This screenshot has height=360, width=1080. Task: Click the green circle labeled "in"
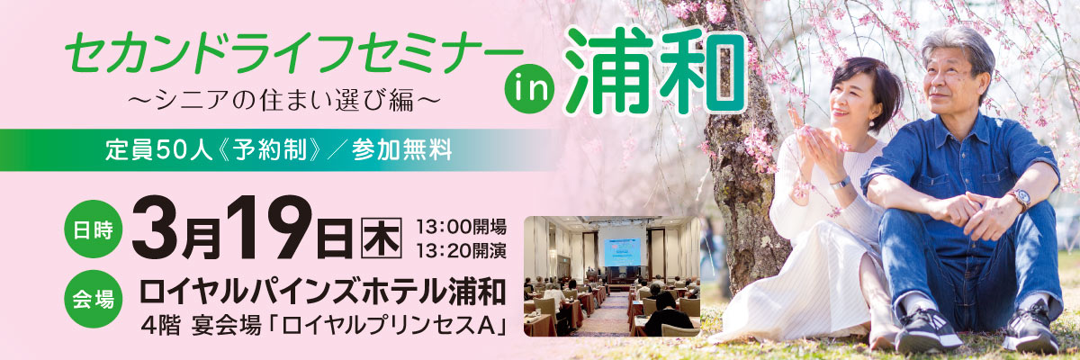pyautogui.click(x=529, y=88)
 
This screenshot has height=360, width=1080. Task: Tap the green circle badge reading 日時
pyautogui.click(x=93, y=229)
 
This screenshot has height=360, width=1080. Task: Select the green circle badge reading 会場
pyautogui.click(x=93, y=299)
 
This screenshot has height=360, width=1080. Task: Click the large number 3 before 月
pyautogui.click(x=155, y=229)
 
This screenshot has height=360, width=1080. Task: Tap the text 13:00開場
pyautogui.click(x=461, y=227)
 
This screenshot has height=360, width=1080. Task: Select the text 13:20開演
pyautogui.click(x=461, y=250)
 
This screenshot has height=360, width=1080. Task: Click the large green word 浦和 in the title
pyautogui.click(x=655, y=70)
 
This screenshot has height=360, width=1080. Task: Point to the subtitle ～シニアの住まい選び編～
pyautogui.click(x=284, y=101)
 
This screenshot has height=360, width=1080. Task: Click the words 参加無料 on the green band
pyautogui.click(x=401, y=150)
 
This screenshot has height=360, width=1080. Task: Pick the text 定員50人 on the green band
pyautogui.click(x=158, y=150)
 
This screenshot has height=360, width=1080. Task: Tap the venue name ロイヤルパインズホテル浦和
pyautogui.click(x=322, y=292)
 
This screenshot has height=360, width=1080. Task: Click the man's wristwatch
pyautogui.click(x=1018, y=200)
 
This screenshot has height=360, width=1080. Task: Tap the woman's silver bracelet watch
pyautogui.click(x=841, y=183)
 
